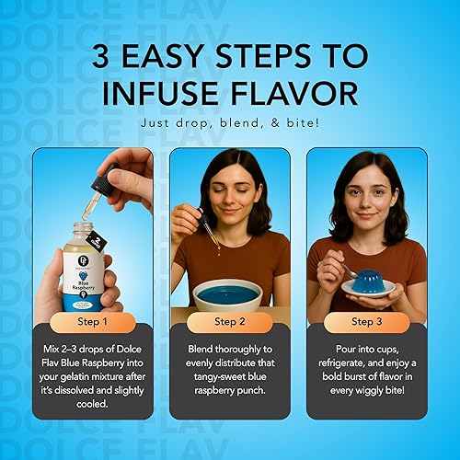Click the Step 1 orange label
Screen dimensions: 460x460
click(91, 322)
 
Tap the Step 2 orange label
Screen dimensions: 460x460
click(229, 322)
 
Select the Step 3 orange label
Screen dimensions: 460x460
click(367, 322)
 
